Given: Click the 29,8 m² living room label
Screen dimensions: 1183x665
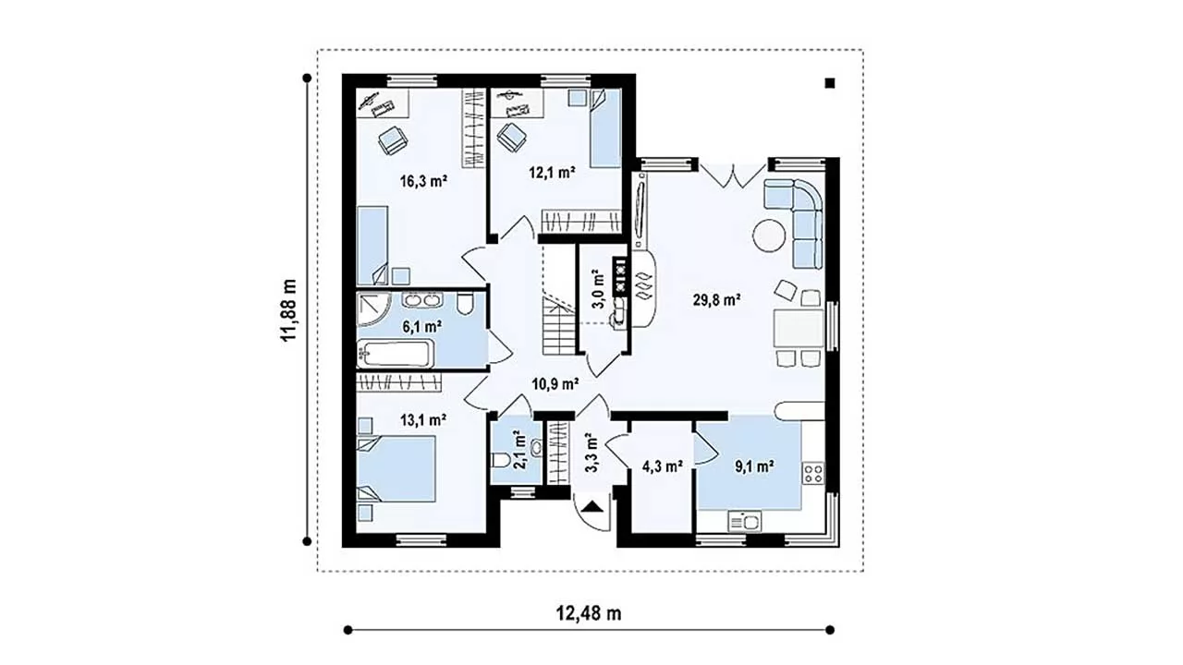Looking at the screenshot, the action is (x=716, y=300).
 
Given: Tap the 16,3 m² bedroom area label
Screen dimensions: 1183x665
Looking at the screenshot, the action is (x=424, y=182).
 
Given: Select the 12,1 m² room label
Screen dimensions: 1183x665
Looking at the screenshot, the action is (x=553, y=172).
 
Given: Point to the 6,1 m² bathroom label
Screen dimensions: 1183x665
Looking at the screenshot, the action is (x=422, y=327).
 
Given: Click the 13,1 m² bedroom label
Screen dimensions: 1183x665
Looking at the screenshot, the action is (x=423, y=420).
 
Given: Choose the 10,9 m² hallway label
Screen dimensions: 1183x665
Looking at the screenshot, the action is (x=555, y=383).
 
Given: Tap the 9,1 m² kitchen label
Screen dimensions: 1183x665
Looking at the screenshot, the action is (x=755, y=466).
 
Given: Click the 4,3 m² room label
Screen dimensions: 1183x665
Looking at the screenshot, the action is (x=663, y=466).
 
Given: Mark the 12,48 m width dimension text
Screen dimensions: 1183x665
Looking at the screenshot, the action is (x=589, y=613).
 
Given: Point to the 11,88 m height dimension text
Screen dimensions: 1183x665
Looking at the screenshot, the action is (x=289, y=310).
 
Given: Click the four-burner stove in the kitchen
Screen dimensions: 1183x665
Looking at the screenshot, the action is (x=813, y=473).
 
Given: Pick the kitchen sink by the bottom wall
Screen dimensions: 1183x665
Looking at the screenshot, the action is (x=745, y=521).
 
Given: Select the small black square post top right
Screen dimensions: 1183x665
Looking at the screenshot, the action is (x=830, y=83).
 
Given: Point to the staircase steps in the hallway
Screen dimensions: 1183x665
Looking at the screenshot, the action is (x=558, y=326).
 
